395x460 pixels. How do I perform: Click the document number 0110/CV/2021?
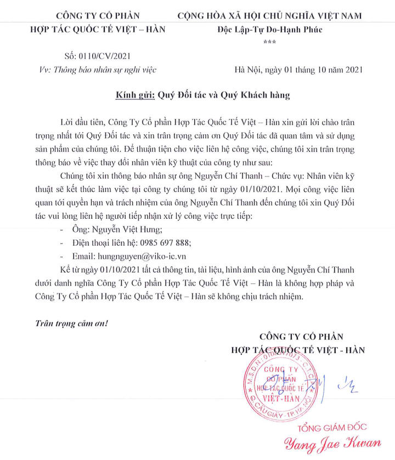[104, 55]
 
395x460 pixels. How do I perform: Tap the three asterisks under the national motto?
[269, 42]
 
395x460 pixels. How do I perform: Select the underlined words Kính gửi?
[136, 95]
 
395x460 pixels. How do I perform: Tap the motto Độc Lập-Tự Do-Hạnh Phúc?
[270, 29]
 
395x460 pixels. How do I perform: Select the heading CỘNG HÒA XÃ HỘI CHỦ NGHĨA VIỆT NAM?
[269, 15]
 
